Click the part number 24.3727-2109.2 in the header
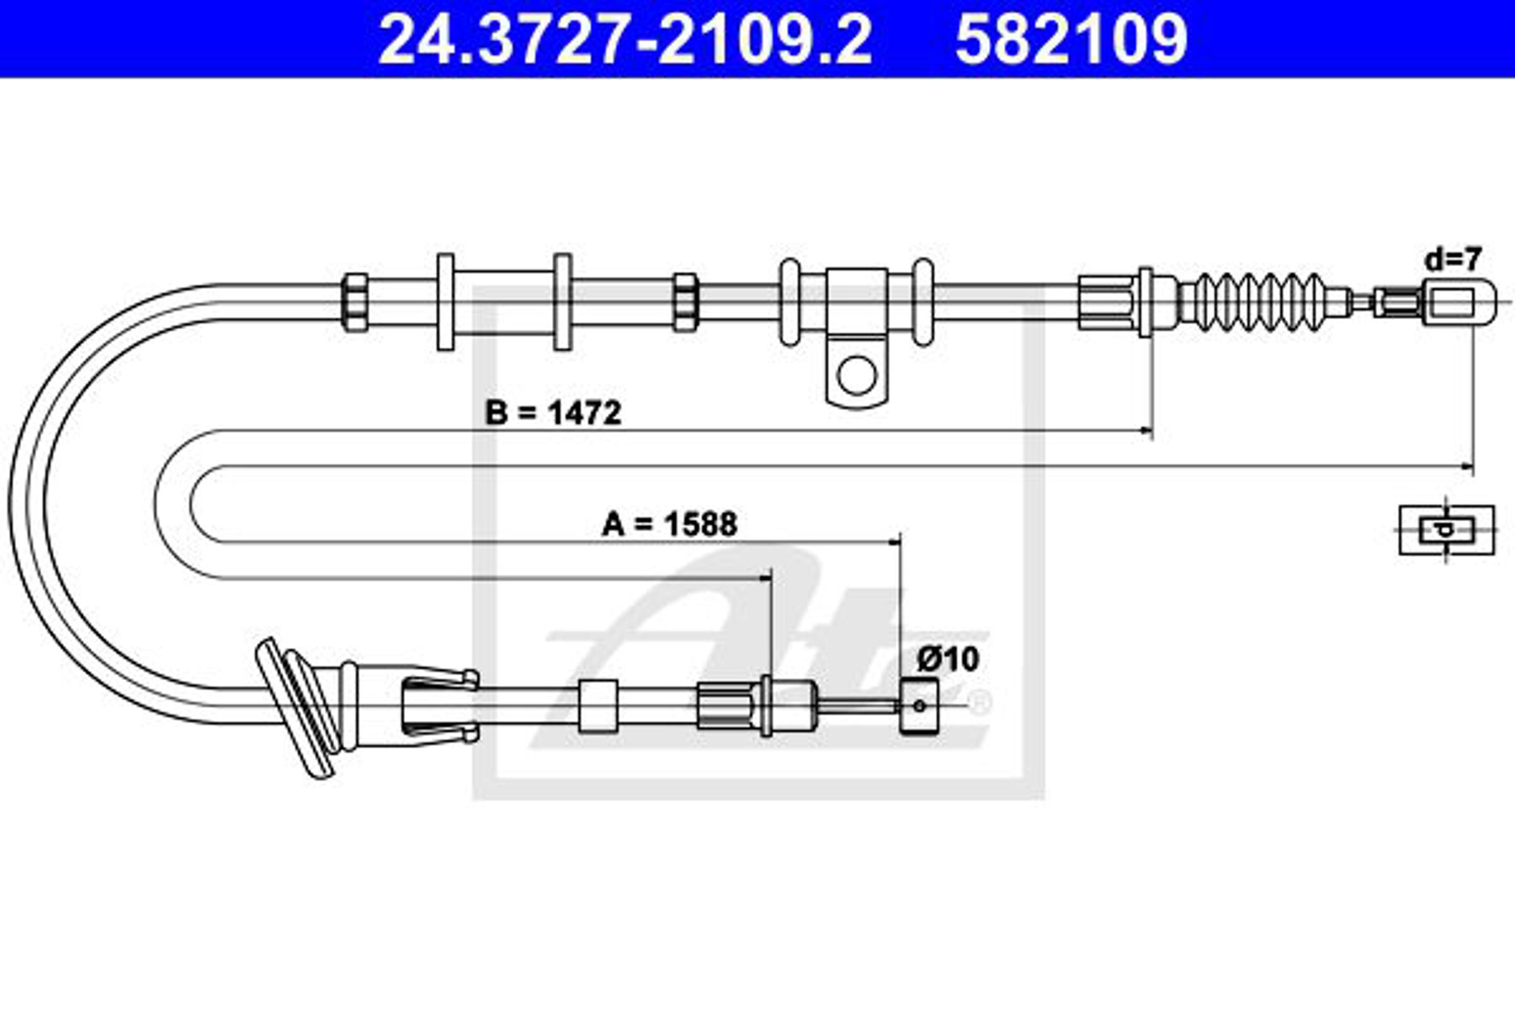click(626, 40)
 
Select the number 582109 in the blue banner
click(1071, 40)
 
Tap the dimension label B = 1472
click(554, 413)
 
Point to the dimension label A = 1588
click(669, 524)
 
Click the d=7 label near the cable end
click(1454, 259)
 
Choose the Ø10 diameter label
click(948, 659)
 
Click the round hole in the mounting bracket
click(857, 375)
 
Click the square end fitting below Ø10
click(918, 706)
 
